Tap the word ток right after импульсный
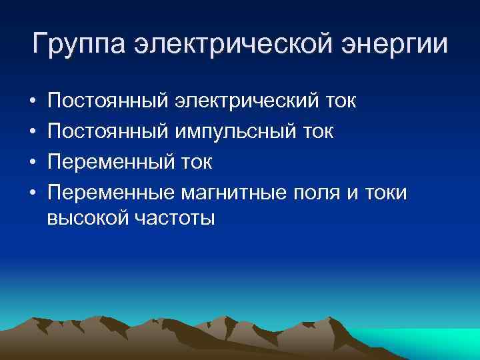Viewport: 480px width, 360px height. click(x=318, y=131)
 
